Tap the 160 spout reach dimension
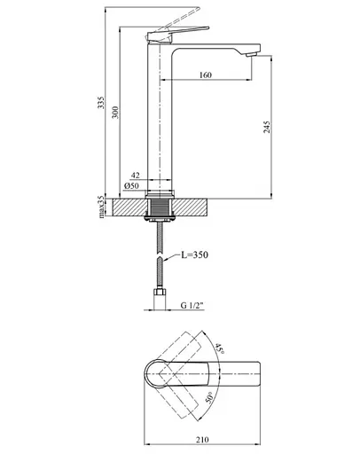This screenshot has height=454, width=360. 206,75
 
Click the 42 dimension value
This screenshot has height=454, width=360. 135,176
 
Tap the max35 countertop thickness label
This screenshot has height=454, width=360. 102,206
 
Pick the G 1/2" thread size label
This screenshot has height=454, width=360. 190,306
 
